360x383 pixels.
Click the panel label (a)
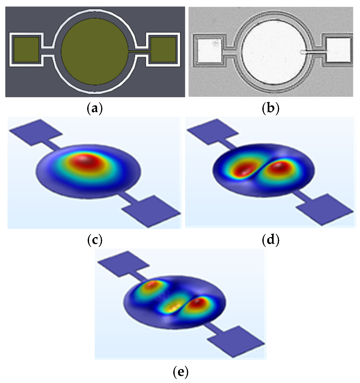95,109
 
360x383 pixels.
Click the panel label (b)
270,109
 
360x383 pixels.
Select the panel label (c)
95,240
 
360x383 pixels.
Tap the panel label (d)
270,240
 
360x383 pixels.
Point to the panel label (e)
181,371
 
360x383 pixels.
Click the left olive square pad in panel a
26,50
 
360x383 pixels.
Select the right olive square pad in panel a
163,50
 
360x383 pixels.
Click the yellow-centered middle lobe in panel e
172,306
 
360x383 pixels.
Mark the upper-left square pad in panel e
123,264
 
